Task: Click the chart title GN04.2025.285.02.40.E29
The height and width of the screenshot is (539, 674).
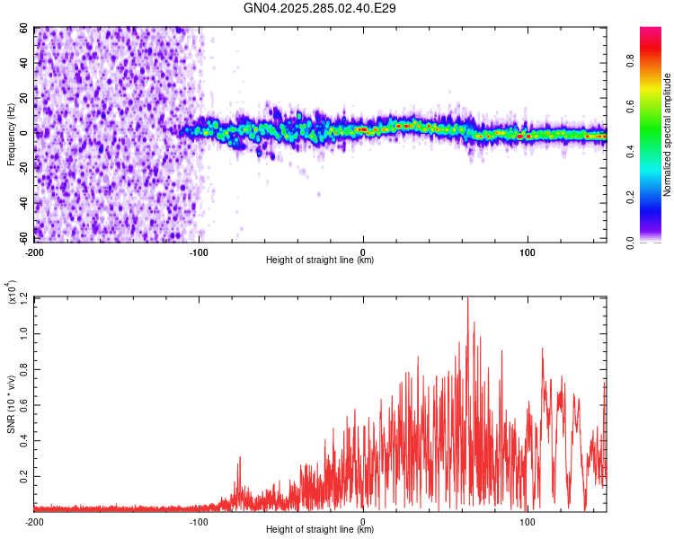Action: [x=321, y=8]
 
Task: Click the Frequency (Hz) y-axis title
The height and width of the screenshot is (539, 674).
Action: [x=11, y=135]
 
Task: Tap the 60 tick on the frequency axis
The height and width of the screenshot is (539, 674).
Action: [x=24, y=29]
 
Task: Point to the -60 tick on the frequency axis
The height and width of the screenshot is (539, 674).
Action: [x=22, y=238]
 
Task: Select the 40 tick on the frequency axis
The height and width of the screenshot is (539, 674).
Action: [x=24, y=64]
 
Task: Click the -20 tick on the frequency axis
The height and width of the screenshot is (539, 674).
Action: [x=22, y=169]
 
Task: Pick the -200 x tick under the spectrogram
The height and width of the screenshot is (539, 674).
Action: [x=34, y=251]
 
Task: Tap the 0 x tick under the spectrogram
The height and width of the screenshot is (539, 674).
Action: [x=363, y=251]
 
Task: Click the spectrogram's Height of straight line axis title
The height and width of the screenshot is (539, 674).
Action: [x=320, y=261]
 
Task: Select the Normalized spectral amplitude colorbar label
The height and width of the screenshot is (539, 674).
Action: [x=667, y=135]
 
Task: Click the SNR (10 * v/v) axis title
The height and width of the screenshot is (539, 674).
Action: [x=11, y=404]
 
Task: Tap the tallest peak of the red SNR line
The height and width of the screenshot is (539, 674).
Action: [x=467, y=298]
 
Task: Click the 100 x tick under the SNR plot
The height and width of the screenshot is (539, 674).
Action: [x=528, y=520]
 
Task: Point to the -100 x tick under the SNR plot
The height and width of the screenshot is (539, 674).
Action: [x=199, y=520]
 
